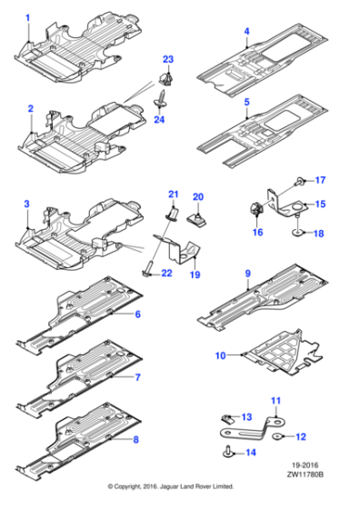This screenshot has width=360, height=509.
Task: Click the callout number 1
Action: tap(27, 17)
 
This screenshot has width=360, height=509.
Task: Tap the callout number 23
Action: tap(167, 60)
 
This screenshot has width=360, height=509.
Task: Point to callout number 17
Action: tap(319, 179)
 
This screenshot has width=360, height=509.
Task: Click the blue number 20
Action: tap(199, 196)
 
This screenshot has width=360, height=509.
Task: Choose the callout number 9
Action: tap(246, 273)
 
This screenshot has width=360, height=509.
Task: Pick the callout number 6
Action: tap(137, 314)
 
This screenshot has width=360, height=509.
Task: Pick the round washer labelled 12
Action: tap(279, 435)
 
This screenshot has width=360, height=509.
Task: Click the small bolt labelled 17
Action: tap(300, 181)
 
